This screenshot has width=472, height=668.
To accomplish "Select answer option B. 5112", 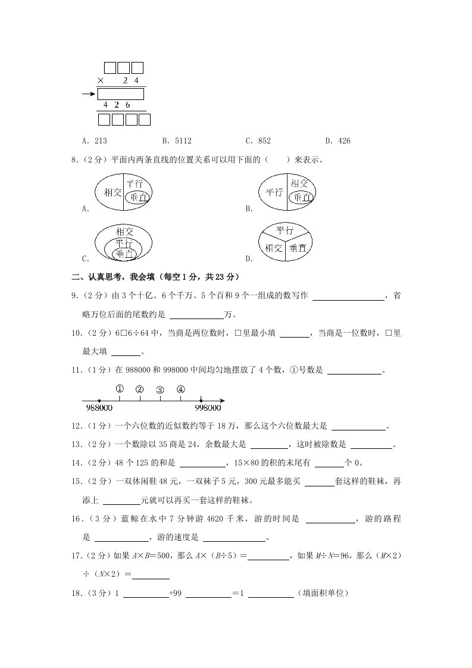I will coord(177,141).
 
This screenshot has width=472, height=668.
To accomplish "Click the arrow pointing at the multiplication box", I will coord(89,93).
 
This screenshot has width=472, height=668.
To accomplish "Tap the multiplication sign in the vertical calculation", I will coord(101,80).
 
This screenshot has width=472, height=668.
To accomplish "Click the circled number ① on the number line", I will coord(119,389).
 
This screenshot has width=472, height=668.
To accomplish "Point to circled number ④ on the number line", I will coord(181,389).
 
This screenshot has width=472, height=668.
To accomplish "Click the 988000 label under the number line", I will coord(99,408).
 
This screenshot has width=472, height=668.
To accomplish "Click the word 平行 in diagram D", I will coord(286,230).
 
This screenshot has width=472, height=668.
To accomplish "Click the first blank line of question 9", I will coord(348,296).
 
